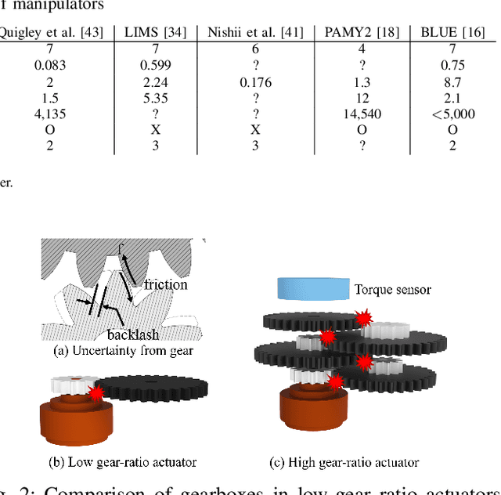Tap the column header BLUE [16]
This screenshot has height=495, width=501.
[x=452, y=33]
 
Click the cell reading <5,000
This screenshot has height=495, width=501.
[x=453, y=114]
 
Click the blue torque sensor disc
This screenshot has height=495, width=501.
[x=312, y=287]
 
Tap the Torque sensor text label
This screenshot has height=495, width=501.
[x=393, y=290]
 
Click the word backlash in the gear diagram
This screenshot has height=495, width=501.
[x=133, y=334]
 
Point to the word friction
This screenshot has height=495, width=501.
[x=166, y=284]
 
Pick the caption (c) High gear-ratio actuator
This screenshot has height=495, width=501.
[x=344, y=462]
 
